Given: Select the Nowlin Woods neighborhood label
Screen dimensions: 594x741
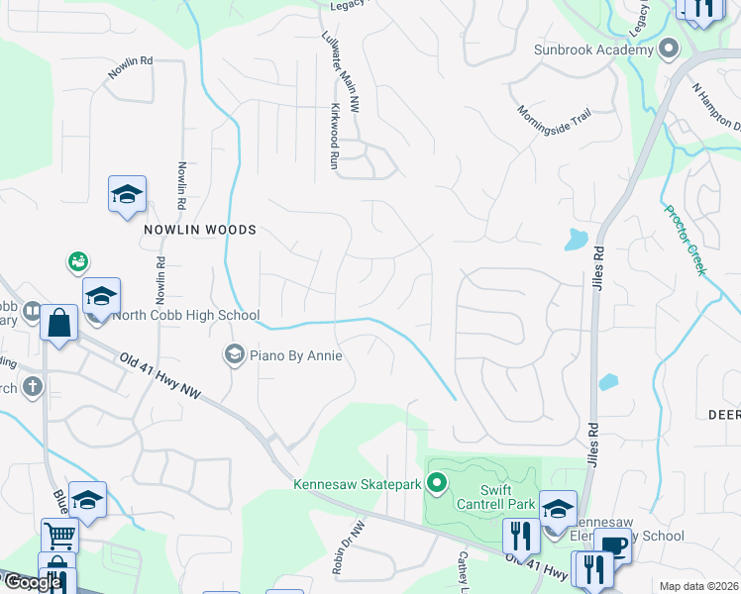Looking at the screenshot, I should tap(199, 230).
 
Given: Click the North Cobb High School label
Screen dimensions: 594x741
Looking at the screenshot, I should tap(186, 316).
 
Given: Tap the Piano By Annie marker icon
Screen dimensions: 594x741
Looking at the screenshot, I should tap(235, 354).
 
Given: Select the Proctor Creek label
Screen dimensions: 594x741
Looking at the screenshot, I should tap(683, 239).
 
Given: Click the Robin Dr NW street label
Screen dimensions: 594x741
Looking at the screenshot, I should tap(350, 548).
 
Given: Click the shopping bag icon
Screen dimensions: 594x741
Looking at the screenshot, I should tap(59, 324).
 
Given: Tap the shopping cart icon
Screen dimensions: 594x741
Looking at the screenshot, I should tap(59, 536).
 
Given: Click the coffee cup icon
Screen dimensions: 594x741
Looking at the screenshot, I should tap(612, 547).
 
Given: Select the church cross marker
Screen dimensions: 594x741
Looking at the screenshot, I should tap(33, 386).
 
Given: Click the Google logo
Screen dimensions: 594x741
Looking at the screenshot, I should tap(33, 582).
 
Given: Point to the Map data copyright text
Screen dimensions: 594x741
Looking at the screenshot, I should tap(698, 586).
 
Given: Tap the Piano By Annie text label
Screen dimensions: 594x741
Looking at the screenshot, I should tap(296, 355).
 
